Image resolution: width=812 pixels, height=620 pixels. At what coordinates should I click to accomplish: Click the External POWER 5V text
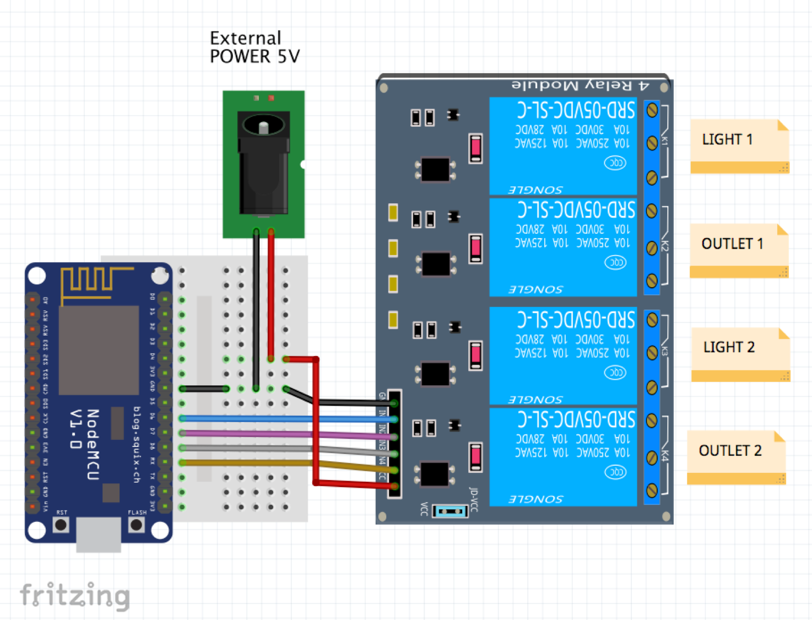point(255,47)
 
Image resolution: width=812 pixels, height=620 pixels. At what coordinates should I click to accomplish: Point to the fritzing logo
point(75,595)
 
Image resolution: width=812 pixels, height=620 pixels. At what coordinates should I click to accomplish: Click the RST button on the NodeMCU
point(61,525)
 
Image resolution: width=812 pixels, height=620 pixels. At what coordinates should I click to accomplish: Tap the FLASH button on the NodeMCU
point(136,525)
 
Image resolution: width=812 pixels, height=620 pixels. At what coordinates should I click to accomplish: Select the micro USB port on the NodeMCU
point(99,535)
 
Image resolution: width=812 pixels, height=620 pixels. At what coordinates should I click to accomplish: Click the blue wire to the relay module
point(286,419)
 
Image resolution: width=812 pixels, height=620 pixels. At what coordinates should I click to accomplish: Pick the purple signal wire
point(248,434)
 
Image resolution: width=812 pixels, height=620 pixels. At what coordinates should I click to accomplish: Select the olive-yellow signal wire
point(248,463)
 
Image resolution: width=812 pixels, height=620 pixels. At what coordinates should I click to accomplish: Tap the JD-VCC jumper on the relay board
point(451,511)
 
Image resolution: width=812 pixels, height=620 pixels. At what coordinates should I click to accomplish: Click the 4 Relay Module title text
point(581,85)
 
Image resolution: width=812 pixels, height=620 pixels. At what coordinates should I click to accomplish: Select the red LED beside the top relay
point(475,148)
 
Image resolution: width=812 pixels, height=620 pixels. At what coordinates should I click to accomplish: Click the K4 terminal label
point(665,456)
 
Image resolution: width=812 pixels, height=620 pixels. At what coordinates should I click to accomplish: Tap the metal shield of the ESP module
point(99,350)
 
